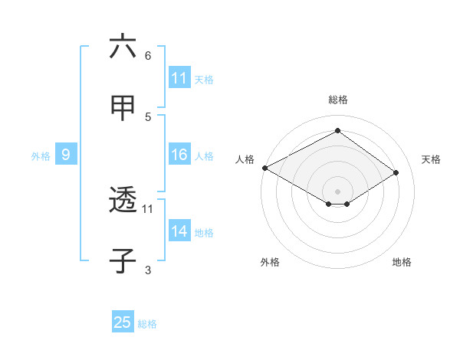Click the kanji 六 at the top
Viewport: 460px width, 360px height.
pyautogui.click(x=123, y=47)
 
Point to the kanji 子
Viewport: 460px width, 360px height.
pyautogui.click(x=123, y=260)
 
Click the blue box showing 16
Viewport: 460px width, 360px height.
pyautogui.click(x=179, y=155)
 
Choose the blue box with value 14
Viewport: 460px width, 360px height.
pyautogui.click(x=179, y=231)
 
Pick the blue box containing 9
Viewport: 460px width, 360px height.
pyautogui.click(x=66, y=155)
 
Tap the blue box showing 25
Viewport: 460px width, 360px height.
pyautogui.click(x=123, y=322)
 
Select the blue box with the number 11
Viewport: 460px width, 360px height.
pyautogui.click(x=179, y=78)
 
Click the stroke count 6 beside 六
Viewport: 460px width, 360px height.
pyautogui.click(x=148, y=56)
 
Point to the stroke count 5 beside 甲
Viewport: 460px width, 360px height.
pyautogui.click(x=148, y=116)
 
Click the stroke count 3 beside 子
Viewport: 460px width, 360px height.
pyautogui.click(x=148, y=270)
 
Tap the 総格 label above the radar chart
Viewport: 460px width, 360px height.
pyautogui.click(x=337, y=100)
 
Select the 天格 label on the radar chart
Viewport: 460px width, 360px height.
pyautogui.click(x=431, y=159)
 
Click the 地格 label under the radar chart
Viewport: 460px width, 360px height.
pyautogui.click(x=402, y=262)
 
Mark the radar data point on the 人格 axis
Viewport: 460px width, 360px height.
pyautogui.click(x=264, y=168)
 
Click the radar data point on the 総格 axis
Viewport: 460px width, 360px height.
pyautogui.click(x=337, y=130)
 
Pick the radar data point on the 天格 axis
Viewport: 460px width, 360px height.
pyautogui.click(x=397, y=173)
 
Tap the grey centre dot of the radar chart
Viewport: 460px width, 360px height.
pyautogui.click(x=337, y=191)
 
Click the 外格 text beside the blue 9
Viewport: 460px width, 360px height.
pyautogui.click(x=41, y=155)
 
